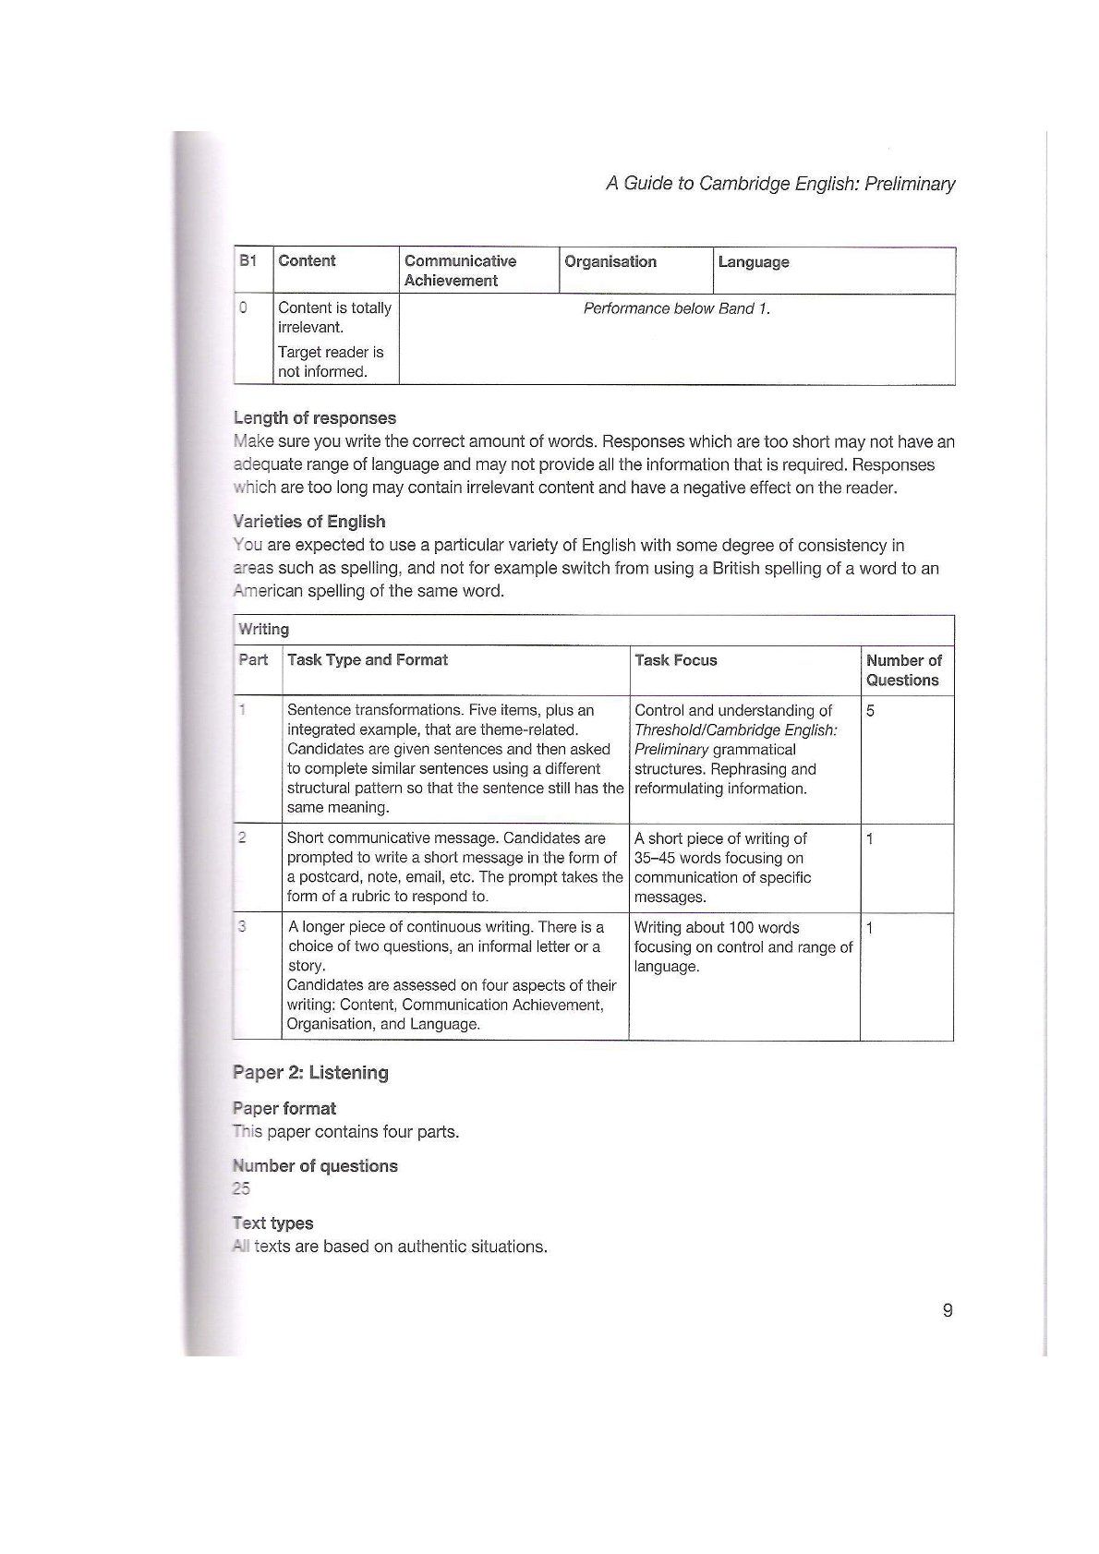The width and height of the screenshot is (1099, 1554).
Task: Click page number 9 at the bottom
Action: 948,1310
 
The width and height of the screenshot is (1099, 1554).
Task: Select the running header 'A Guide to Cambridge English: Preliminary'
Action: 780,184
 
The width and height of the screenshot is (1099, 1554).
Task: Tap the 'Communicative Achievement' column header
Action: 460,271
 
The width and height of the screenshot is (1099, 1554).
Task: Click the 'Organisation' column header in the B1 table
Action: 610,261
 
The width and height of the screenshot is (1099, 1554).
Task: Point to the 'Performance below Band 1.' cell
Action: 676,308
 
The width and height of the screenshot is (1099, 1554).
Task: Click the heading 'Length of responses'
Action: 315,418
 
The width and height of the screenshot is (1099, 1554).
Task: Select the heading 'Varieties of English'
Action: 309,522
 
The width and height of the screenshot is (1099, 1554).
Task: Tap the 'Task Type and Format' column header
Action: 368,660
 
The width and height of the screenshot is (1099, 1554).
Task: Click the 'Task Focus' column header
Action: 676,660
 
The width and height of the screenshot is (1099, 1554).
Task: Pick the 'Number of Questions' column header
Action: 903,670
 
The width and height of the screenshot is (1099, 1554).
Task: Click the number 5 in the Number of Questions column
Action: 870,711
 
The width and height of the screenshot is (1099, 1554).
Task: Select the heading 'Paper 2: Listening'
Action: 310,1073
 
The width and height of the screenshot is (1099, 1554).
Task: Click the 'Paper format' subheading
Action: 284,1109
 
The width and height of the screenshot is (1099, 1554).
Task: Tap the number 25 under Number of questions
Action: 241,1188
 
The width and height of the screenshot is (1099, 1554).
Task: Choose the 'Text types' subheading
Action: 273,1223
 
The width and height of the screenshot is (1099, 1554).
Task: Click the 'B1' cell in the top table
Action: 248,261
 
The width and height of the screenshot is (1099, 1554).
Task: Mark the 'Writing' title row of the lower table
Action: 264,630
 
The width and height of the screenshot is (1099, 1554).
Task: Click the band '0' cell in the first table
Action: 243,308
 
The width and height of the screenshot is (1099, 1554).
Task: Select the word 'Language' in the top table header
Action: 754,262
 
